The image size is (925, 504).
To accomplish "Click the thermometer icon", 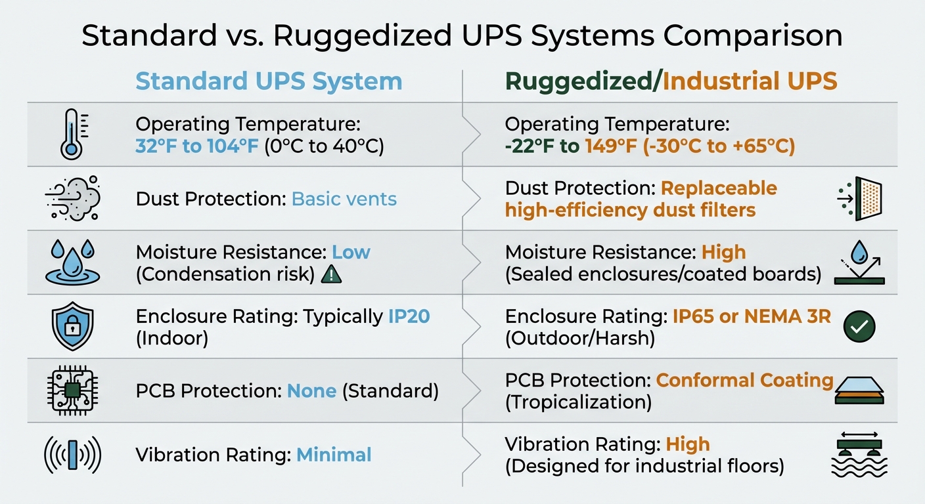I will coord(71,135).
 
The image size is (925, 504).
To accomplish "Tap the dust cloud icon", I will coord(72,198).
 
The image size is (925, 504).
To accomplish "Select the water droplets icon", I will coord(72,262).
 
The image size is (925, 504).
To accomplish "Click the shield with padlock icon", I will coord(72,326).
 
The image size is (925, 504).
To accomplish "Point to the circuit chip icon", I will coord(72,390).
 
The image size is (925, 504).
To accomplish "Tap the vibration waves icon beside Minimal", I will coord(72,454).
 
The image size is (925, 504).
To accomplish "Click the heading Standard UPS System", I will coord(269,82).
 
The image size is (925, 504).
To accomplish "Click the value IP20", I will coord(409,316).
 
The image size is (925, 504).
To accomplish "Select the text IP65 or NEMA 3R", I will coord(752,316).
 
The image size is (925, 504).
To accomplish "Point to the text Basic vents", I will coord(344,199).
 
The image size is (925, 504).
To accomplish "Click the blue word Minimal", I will coord(334,454).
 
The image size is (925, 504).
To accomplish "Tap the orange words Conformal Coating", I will coord(744,380).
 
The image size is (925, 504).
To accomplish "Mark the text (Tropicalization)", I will coord(578,402).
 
